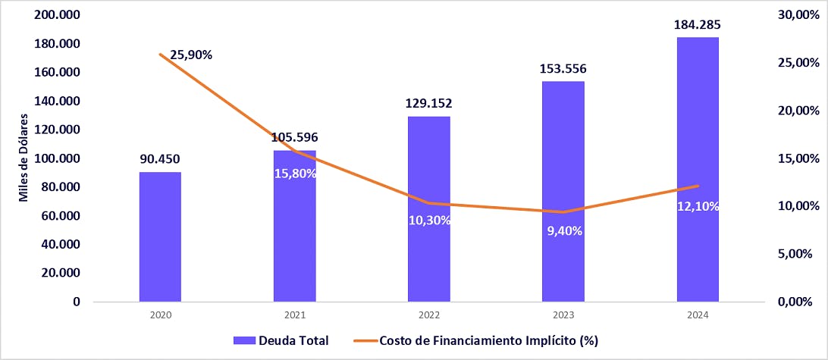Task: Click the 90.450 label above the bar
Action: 160,160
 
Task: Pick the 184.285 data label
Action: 698,25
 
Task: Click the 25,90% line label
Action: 190,55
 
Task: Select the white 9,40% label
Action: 564,231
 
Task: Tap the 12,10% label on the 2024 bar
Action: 698,207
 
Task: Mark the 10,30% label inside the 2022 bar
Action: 429,221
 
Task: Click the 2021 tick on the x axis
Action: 294,315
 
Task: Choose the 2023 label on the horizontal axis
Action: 563,315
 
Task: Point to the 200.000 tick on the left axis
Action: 58,15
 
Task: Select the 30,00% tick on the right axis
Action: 798,15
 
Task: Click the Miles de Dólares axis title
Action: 24,158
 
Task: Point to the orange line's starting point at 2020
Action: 160,54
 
